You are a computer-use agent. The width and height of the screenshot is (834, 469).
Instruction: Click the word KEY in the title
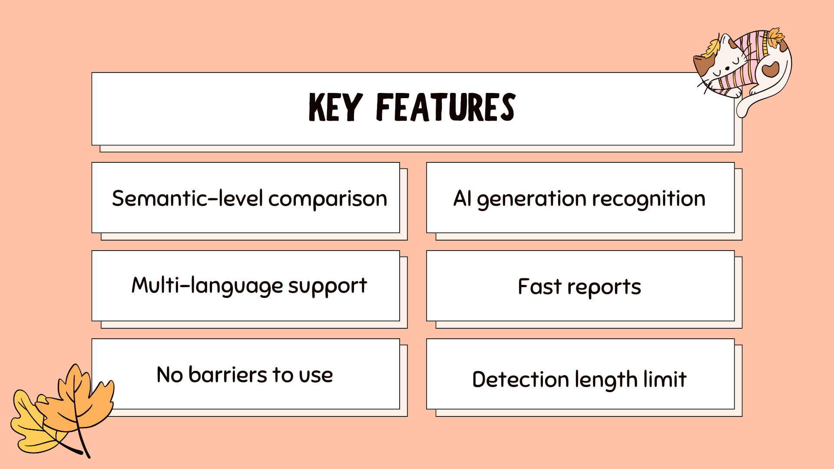click(x=335, y=107)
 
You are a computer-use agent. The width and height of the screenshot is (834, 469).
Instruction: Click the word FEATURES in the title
click(x=446, y=107)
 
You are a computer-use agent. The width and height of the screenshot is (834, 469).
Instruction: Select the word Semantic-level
click(x=187, y=198)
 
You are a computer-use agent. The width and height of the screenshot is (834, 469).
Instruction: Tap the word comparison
click(x=328, y=199)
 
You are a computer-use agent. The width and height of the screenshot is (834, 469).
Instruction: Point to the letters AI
click(x=462, y=198)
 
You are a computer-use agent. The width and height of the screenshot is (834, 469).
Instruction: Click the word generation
click(x=532, y=199)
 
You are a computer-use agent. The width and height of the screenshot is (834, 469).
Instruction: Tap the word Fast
click(x=540, y=287)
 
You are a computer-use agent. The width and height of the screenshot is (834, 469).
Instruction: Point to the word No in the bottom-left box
click(x=170, y=375)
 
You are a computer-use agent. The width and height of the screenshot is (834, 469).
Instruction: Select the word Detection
click(x=520, y=380)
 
